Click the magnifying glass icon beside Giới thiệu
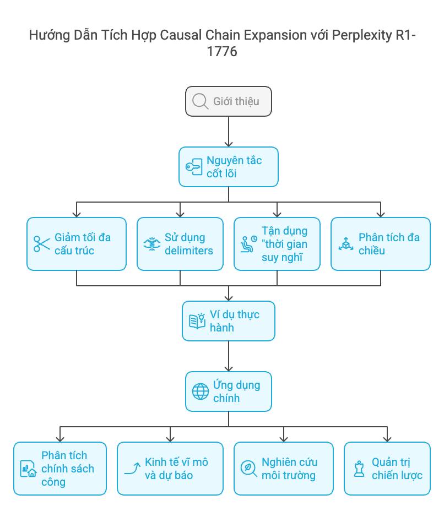click(x=200, y=101)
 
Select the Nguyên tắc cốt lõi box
click(x=228, y=167)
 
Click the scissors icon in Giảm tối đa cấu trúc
click(x=41, y=244)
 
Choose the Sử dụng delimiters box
click(x=180, y=244)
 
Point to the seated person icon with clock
click(x=249, y=244)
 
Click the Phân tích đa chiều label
click(x=388, y=244)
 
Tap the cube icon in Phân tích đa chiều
click(x=346, y=244)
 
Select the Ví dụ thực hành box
click(x=228, y=321)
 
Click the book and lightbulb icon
click(x=197, y=321)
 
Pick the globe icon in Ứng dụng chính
click(x=200, y=392)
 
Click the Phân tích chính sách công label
click(x=67, y=469)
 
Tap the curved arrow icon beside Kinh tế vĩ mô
click(x=132, y=469)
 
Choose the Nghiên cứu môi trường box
click(x=284, y=469)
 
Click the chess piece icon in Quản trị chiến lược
click(x=359, y=469)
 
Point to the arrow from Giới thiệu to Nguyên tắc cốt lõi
click(x=228, y=132)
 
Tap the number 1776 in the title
click(x=222, y=52)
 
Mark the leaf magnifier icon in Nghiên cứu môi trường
click(x=249, y=469)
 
